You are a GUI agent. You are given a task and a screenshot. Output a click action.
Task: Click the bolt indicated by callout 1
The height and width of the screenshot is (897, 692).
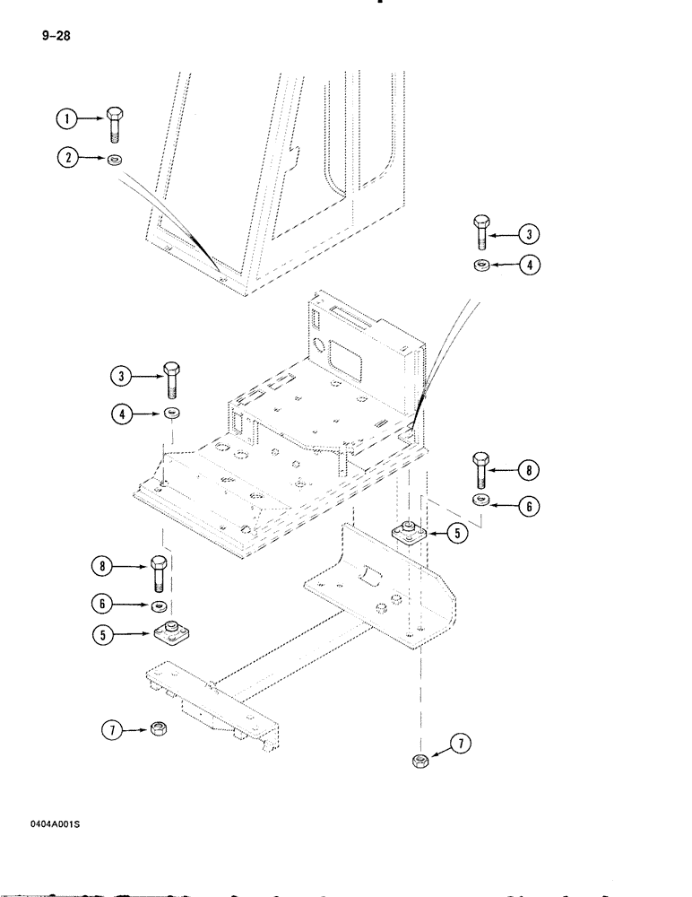[115, 123]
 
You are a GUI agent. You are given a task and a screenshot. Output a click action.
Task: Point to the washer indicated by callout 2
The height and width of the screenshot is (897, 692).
[116, 160]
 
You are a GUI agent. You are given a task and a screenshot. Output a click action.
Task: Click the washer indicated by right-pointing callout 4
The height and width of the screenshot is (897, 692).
[170, 413]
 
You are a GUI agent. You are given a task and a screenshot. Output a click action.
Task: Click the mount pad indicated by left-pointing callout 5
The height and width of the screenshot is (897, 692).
[409, 533]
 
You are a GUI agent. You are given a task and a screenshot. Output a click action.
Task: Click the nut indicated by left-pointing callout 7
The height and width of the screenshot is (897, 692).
[417, 761]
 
